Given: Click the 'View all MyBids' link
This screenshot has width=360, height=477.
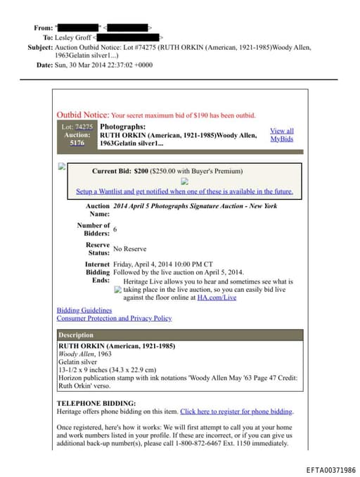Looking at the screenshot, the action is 282,134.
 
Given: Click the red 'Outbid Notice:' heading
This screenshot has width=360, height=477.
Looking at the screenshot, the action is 83,115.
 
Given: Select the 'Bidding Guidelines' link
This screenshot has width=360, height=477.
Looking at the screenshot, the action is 84,310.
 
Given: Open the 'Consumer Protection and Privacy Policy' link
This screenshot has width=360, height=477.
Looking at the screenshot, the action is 114,318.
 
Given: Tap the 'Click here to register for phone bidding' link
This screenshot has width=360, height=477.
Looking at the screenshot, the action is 236,412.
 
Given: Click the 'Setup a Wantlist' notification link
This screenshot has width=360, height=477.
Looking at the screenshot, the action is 184,191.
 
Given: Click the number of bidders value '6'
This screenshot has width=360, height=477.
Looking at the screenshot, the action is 115,229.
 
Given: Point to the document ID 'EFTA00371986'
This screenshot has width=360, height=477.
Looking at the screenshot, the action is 331,470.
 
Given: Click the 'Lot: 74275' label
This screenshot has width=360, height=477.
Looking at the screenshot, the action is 77,127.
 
